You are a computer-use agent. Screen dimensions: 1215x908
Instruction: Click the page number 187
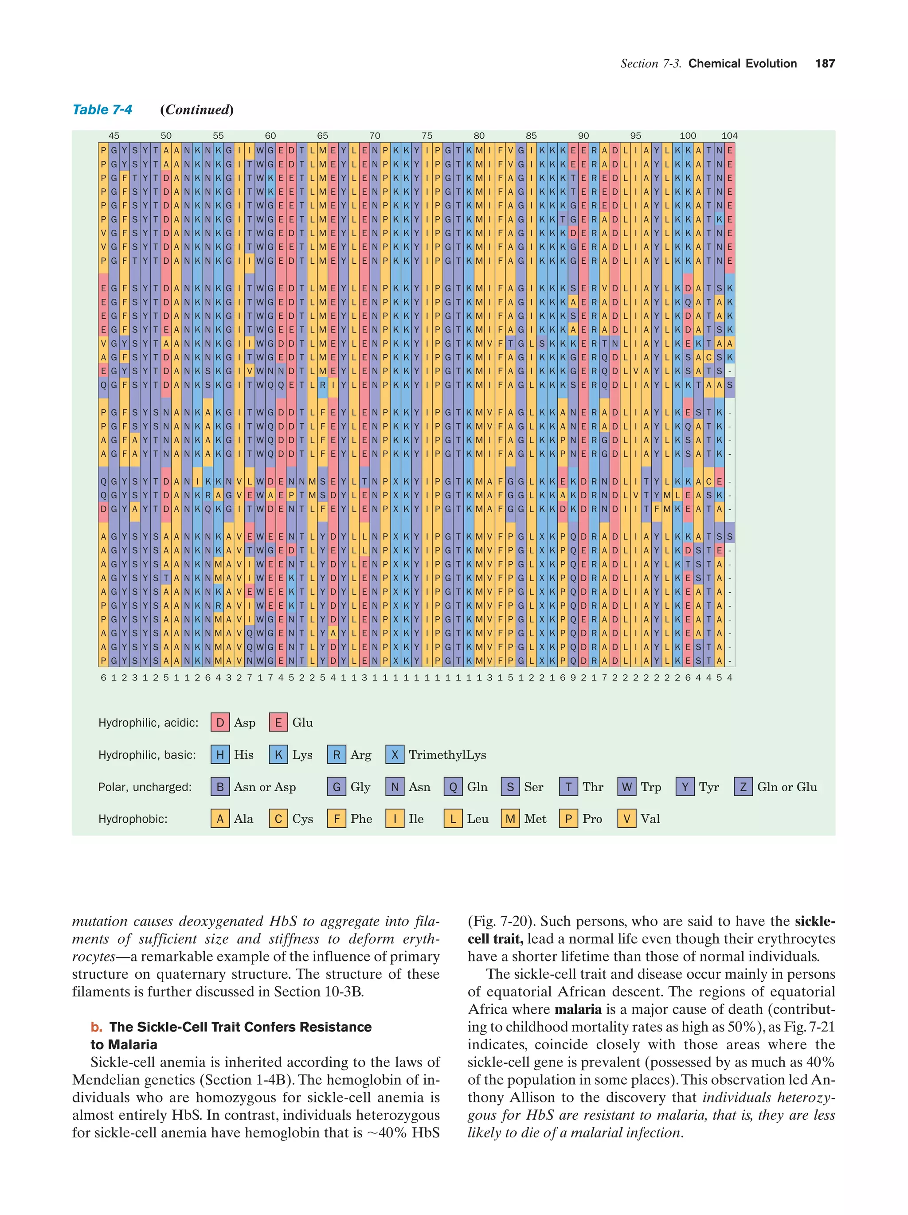[825, 64]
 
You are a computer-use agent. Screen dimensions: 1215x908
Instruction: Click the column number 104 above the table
[729, 136]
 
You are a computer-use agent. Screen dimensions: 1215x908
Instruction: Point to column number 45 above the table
[113, 136]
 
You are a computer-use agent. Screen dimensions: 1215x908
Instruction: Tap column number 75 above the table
[427, 136]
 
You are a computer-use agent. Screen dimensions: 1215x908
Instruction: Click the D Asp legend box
[220, 722]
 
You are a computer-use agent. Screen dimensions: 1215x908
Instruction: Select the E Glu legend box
[278, 722]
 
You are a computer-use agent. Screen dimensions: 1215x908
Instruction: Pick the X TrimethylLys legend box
[395, 755]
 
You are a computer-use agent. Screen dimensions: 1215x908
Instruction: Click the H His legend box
[220, 755]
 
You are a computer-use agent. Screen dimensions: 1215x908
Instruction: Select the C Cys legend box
[278, 819]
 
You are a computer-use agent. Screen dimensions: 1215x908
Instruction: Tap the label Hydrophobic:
[133, 819]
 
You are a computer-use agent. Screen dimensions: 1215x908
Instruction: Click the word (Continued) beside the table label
[197, 110]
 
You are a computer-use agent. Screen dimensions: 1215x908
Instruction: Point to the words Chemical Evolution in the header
[742, 64]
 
